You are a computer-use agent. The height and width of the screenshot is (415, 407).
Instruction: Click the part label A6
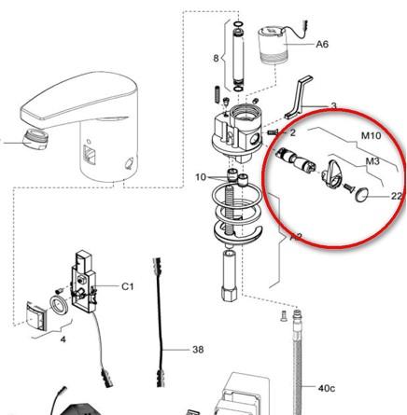322,44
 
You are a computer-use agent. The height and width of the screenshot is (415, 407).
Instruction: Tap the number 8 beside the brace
216,58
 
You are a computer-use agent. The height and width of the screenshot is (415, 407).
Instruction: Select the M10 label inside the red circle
371,135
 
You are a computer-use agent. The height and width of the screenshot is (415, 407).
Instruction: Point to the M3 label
372,161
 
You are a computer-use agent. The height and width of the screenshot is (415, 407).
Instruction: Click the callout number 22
396,196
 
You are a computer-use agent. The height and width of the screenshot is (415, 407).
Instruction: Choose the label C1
127,286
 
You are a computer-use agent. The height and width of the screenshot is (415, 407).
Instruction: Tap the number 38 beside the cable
198,350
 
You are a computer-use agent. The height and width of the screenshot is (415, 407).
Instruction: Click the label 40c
327,388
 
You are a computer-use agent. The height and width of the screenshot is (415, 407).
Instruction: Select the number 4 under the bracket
63,339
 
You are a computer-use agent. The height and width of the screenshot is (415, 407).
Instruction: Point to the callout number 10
201,177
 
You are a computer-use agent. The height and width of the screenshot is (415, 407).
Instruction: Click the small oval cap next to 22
362,196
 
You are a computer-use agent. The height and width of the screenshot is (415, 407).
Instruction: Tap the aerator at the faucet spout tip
34,140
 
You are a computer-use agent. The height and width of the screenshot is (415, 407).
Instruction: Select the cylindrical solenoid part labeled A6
273,46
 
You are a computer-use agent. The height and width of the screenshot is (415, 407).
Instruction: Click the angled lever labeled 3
298,97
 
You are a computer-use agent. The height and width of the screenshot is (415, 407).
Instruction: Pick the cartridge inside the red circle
295,159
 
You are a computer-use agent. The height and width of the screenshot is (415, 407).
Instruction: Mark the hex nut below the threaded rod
230,293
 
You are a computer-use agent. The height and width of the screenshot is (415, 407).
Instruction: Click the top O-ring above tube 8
238,24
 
